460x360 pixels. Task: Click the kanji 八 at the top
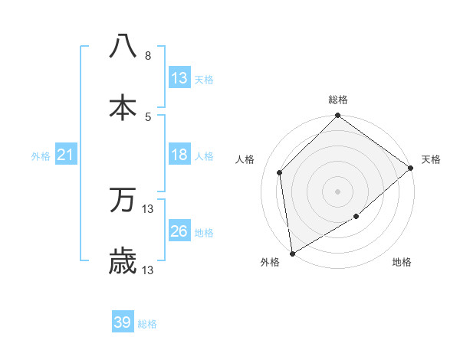coord(123,46)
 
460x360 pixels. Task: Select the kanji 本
coord(123,108)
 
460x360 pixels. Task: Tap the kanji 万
coord(123,201)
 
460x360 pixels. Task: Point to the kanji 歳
coord(123,262)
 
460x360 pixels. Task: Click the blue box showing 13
coord(179,78)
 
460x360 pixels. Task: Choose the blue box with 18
coord(179,155)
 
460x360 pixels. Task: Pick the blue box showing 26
coord(179,231)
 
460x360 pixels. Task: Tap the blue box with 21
coord(65,155)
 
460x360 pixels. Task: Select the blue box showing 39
coord(123,322)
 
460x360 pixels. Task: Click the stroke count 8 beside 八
coord(148,56)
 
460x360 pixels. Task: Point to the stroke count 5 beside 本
coord(148,116)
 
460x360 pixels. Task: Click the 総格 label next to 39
coord(147,324)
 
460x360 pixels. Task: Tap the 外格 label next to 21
coord(41,156)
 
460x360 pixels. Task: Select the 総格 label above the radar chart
coord(338,100)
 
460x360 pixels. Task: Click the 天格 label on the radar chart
coord(432,159)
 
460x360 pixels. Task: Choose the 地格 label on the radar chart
coord(402,262)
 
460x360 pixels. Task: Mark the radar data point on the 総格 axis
coord(338,117)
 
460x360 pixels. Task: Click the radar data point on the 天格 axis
coord(411,168)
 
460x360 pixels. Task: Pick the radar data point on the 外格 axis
coord(292,253)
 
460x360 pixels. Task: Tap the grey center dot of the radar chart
coord(338,191)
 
